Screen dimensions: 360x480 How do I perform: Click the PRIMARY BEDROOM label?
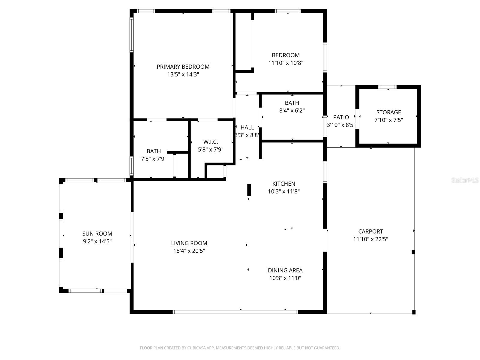(x=183, y=67)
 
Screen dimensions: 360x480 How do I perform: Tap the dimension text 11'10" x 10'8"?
(x=286, y=63)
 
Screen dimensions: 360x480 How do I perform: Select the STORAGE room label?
(x=388, y=112)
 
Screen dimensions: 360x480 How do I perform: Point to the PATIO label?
(x=341, y=117)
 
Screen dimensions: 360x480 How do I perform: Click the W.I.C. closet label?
(x=211, y=142)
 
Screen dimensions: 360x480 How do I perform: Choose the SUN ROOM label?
(x=97, y=233)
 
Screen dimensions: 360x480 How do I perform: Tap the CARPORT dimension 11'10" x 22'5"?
(x=370, y=239)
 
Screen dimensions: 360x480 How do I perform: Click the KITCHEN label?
(x=283, y=184)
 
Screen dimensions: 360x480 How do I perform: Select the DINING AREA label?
(x=285, y=270)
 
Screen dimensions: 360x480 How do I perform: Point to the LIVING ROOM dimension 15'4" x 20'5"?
(x=189, y=251)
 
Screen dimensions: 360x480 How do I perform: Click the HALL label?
(x=247, y=127)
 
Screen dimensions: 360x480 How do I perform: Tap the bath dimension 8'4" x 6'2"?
(x=292, y=110)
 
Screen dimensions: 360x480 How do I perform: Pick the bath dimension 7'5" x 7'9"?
(x=154, y=159)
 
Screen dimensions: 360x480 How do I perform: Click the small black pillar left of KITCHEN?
(x=249, y=190)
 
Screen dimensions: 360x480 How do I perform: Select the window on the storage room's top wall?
(x=387, y=87)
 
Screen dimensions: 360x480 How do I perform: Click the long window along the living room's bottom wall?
(x=235, y=312)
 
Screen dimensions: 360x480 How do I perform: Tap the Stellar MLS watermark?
(x=465, y=180)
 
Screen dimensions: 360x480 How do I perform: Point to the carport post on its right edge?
(x=413, y=252)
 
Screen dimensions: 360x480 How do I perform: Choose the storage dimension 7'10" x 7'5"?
(x=388, y=120)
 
